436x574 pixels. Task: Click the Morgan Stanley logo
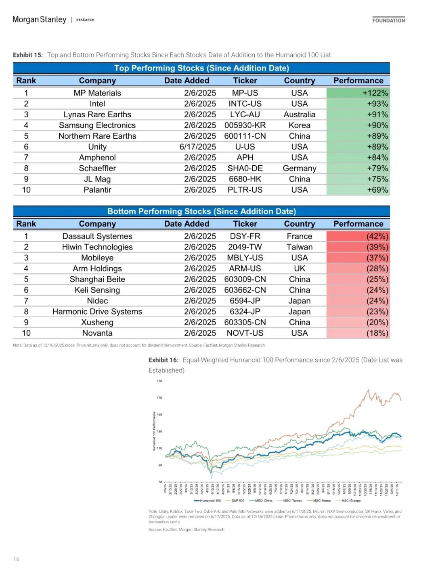[40, 19]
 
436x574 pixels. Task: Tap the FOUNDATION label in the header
[388, 20]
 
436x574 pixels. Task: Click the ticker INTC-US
[245, 104]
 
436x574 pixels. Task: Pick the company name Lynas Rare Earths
[97, 115]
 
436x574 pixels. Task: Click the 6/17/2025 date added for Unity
[198, 147]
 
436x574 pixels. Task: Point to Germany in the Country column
[300, 168]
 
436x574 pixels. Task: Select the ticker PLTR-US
[245, 190]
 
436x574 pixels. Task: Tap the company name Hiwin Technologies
[97, 247]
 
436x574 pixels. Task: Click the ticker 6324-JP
[245, 312]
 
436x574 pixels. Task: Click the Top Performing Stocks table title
[201, 68]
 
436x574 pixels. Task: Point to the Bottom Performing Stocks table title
[201, 211]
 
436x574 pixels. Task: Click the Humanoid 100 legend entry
[208, 501]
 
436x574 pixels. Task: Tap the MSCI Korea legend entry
[319, 501]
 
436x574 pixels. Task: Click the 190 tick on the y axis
[159, 381]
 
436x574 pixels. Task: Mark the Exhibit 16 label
[163, 360]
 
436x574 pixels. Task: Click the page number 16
[16, 559]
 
